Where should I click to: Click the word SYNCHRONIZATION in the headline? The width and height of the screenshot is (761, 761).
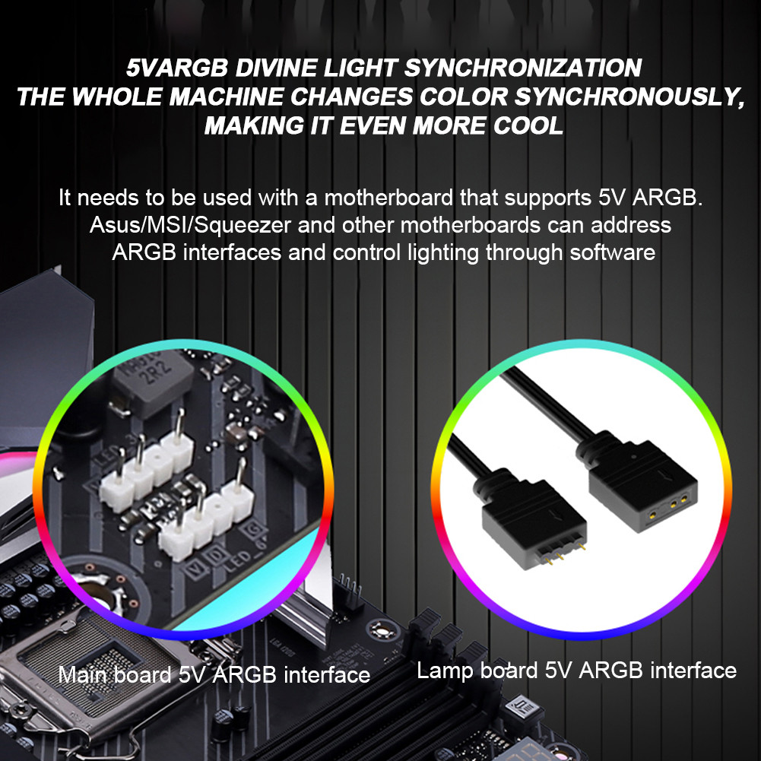[x=522, y=68]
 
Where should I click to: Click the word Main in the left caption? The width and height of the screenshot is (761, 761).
[x=83, y=674]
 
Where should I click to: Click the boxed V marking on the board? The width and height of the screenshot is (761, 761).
[x=179, y=567]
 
